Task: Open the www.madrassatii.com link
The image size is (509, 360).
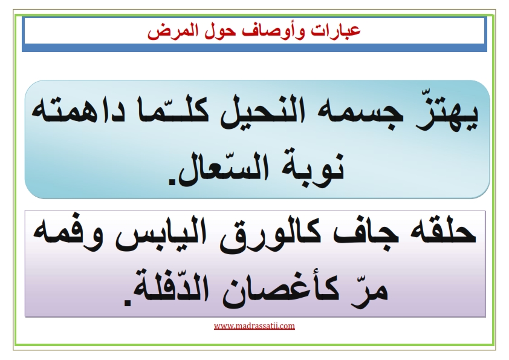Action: [254, 326]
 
